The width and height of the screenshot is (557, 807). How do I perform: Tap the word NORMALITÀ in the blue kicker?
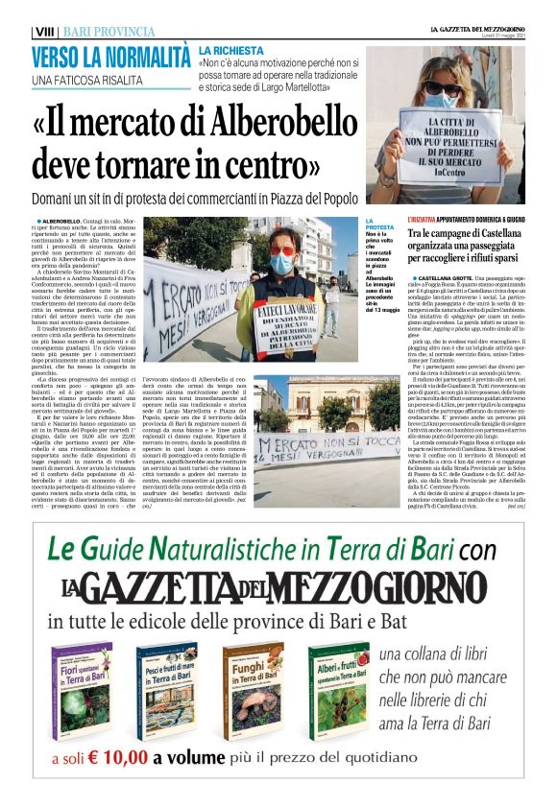(143, 56)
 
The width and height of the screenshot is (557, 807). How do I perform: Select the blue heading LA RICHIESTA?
(231, 49)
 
